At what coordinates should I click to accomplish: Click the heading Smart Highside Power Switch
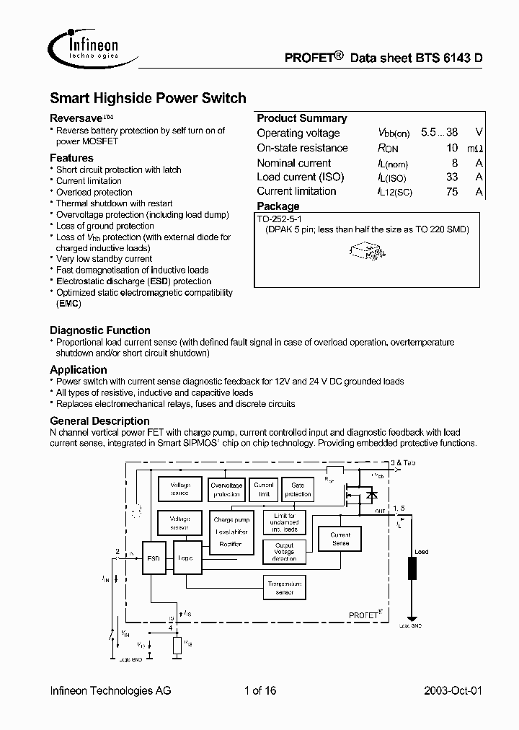tap(148, 98)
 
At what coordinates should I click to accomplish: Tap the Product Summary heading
tap(301, 118)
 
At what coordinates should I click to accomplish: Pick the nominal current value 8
tap(455, 163)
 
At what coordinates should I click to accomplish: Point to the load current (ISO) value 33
tap(452, 177)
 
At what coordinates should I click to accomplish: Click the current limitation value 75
tap(452, 191)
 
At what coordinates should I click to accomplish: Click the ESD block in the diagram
tap(153, 557)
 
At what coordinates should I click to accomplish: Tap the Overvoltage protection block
tap(226, 490)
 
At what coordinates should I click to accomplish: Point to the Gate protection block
tap(297, 490)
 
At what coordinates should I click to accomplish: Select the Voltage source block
tap(180, 489)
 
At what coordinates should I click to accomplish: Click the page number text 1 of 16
tap(260, 690)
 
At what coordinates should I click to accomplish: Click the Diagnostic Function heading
tap(100, 330)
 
